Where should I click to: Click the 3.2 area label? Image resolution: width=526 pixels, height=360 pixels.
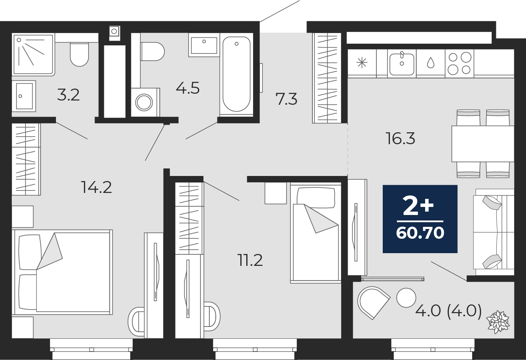(x=68, y=95)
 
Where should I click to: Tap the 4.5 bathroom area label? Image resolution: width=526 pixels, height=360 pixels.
(x=188, y=88)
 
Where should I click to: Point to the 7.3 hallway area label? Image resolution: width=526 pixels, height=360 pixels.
(x=286, y=99)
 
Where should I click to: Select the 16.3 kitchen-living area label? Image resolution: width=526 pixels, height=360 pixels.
(x=401, y=138)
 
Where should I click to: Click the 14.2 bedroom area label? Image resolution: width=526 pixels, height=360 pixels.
(x=96, y=187)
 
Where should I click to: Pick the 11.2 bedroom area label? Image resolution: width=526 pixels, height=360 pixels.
(x=250, y=260)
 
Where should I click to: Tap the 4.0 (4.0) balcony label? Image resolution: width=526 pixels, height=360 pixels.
(x=448, y=311)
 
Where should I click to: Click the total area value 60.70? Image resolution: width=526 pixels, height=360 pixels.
(x=420, y=233)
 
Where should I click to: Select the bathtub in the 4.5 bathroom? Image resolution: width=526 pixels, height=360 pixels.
(x=236, y=74)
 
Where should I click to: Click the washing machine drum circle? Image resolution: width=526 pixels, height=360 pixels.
(x=144, y=103)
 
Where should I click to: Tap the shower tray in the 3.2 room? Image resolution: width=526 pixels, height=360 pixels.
(x=33, y=55)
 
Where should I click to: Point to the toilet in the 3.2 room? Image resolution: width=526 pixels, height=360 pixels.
(x=79, y=54)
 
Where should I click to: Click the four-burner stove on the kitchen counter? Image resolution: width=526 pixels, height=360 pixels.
(x=459, y=63)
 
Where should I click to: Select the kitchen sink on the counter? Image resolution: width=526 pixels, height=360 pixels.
(x=402, y=64)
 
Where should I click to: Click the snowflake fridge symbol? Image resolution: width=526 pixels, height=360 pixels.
(x=362, y=63)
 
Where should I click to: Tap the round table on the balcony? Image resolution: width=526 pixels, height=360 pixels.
(x=406, y=298)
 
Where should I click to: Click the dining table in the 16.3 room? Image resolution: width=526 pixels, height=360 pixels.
(x=483, y=144)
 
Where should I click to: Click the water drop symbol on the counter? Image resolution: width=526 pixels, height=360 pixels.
(x=431, y=63)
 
